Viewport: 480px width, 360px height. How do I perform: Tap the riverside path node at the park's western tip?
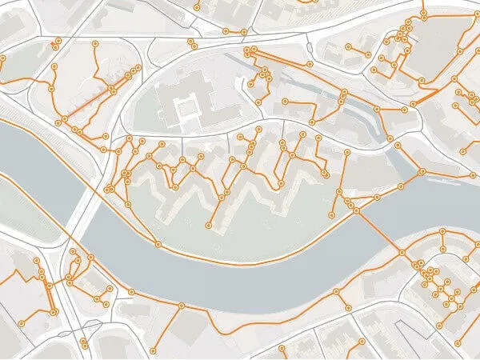(158, 243)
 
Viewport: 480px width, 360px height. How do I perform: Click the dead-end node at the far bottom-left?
(22, 322)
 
